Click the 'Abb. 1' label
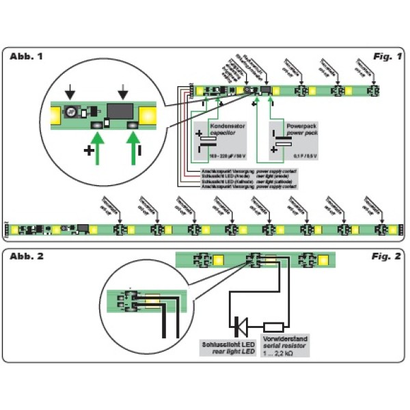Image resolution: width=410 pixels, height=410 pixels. [x=27, y=56]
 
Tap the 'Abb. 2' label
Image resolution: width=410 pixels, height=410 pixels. [x=27, y=256]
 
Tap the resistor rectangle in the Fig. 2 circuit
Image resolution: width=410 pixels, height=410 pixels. [x=274, y=327]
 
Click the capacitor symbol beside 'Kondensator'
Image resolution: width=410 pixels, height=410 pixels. [x=208, y=140]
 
